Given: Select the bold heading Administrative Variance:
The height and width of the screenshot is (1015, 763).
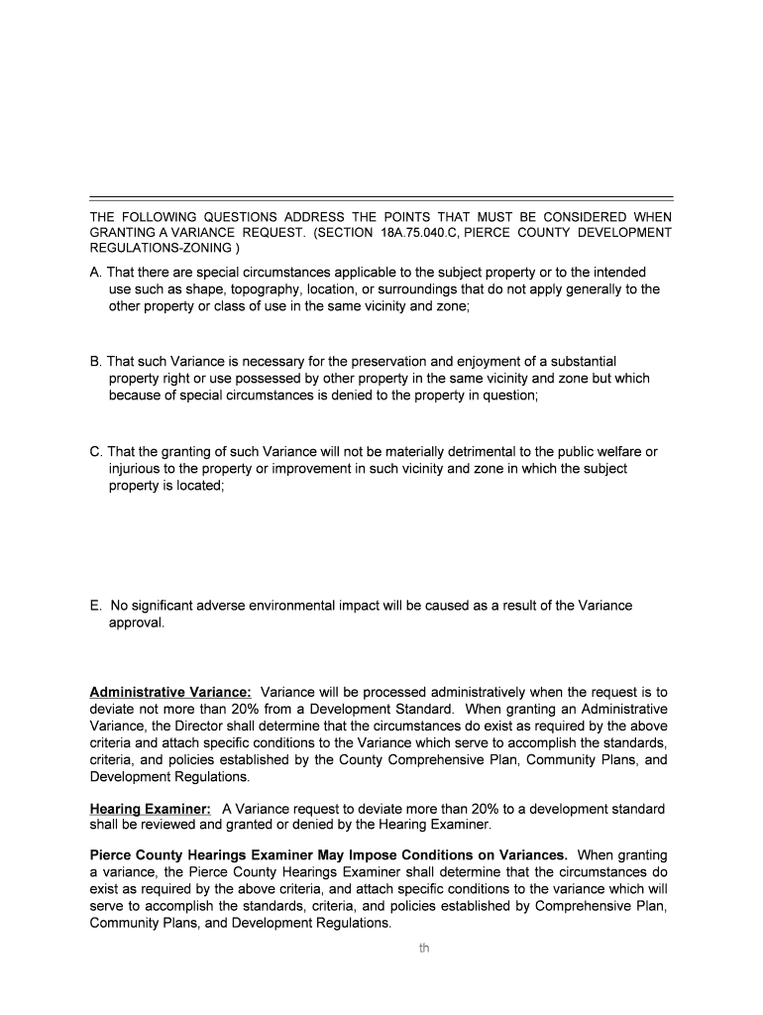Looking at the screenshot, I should (170, 692).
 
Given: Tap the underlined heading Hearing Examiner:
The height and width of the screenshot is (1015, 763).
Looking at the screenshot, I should (150, 810).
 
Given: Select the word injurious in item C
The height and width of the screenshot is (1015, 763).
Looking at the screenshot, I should (136, 469).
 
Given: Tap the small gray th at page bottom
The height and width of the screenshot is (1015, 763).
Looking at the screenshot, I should (424, 949).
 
